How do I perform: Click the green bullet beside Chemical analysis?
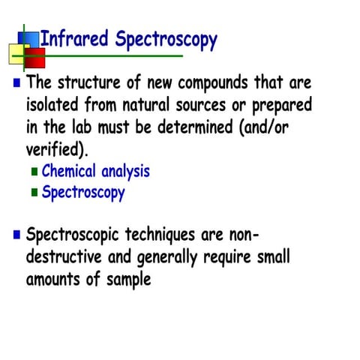(x=34, y=172)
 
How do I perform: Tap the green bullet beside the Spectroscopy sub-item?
(x=34, y=193)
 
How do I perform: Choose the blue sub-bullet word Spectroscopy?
(x=83, y=193)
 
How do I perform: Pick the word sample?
(x=128, y=280)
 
